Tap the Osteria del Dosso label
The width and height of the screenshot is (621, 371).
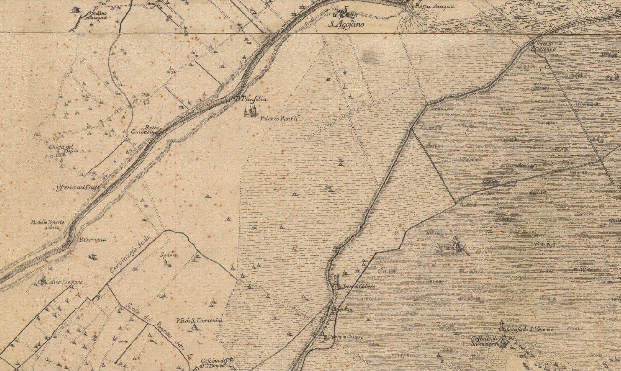(x=78, y=187)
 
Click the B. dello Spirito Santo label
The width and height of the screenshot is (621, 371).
(x=48, y=225)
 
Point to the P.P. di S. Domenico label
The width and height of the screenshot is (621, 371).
(x=199, y=320)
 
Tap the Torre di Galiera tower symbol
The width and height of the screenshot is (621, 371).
(x=338, y=281)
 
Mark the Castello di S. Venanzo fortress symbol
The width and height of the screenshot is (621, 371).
(x=504, y=341)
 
